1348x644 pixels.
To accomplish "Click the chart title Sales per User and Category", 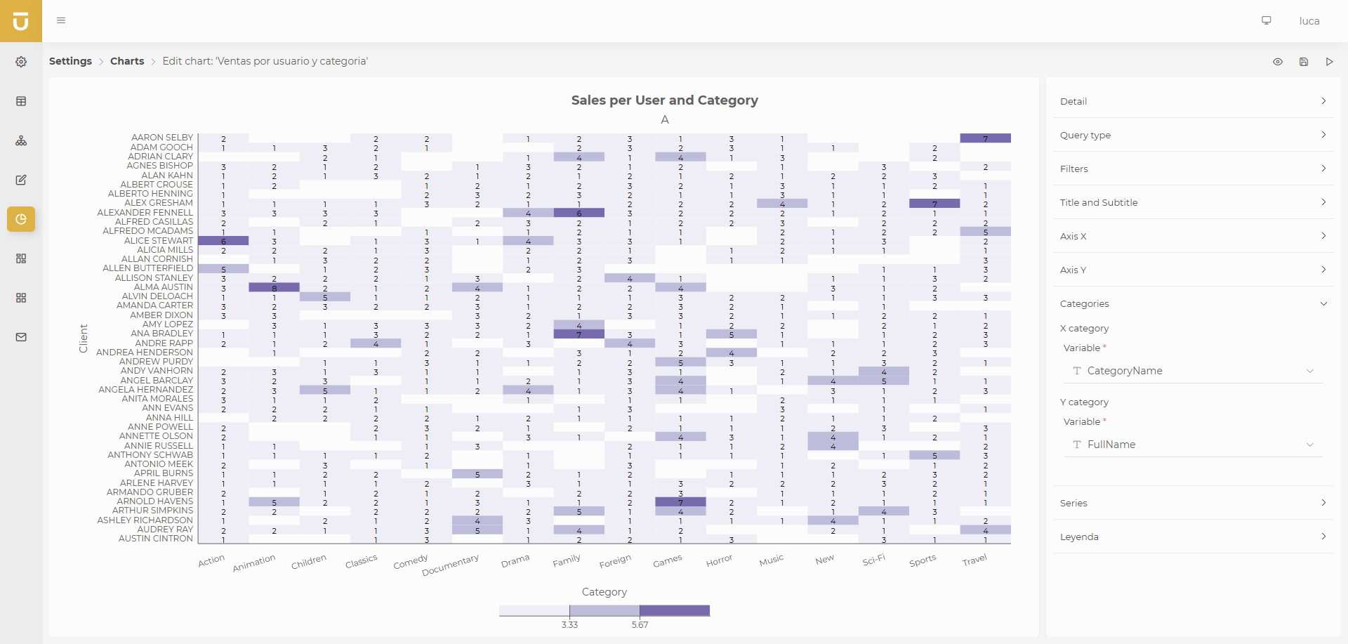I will pos(664,100).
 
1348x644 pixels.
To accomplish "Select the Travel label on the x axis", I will pos(974,560).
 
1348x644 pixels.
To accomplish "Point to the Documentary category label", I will pos(451,565).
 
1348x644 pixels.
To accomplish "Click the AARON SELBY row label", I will pos(161,138).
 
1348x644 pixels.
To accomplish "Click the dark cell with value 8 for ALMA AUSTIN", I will pos(274,287).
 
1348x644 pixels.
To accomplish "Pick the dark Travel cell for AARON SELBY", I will pos(985,138).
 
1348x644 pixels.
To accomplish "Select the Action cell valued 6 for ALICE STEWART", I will pos(223,241).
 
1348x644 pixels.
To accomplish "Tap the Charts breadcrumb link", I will pos(127,61).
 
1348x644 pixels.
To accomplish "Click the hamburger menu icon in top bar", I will pos(61,20).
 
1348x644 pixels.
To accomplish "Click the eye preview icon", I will pos(1278,62).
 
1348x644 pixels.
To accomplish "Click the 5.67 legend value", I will pos(640,624).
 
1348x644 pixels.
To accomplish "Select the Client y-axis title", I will pos(84,339).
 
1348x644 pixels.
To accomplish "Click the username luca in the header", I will pos(1309,21).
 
